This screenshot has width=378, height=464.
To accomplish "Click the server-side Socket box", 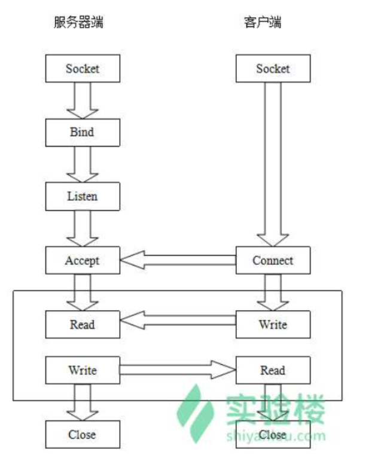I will [x=83, y=69].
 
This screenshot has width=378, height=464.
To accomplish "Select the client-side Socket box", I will [x=273, y=69].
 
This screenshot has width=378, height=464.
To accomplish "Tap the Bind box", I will [x=83, y=132].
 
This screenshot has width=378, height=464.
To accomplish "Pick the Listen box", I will [x=83, y=196].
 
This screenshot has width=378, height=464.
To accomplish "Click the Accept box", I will [x=83, y=261].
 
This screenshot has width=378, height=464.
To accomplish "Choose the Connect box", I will [x=273, y=261].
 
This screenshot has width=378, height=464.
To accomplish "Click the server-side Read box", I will [x=83, y=325].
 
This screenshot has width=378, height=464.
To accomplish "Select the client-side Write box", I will [x=273, y=325].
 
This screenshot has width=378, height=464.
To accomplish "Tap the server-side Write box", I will [x=83, y=371].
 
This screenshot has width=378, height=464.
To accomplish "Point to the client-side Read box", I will [x=273, y=371].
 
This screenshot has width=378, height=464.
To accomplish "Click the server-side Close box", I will [x=83, y=435].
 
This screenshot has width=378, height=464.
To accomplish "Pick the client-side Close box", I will [x=273, y=435].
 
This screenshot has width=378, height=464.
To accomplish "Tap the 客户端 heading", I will [x=263, y=23].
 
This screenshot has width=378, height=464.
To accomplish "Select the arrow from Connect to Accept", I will [x=178, y=260].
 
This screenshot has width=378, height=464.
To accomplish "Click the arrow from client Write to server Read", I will [x=178, y=320].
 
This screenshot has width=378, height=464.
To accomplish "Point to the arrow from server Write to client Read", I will [x=178, y=371].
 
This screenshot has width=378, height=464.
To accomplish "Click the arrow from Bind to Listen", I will [x=83, y=164].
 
